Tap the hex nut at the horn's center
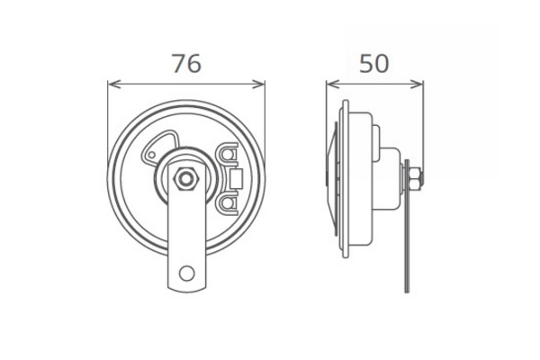[x=186, y=179]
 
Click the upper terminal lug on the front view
[x=227, y=158]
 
